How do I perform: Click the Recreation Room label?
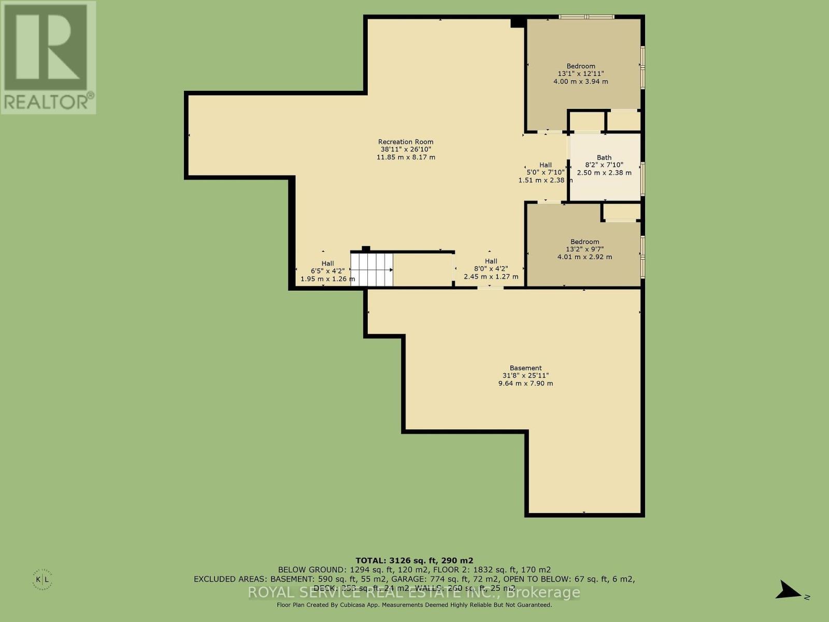pos(406,142)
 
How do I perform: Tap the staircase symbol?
pos(371,270)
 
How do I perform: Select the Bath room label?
pos(604,158)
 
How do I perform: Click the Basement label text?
pos(525,368)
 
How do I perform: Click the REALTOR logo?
pos(48,57)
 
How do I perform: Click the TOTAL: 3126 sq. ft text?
pos(414,560)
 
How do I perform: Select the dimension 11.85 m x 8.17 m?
pos(406,157)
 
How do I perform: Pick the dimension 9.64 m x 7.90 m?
pos(525,384)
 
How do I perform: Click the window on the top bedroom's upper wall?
pos(587,17)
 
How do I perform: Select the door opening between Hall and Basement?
pos(490,287)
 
